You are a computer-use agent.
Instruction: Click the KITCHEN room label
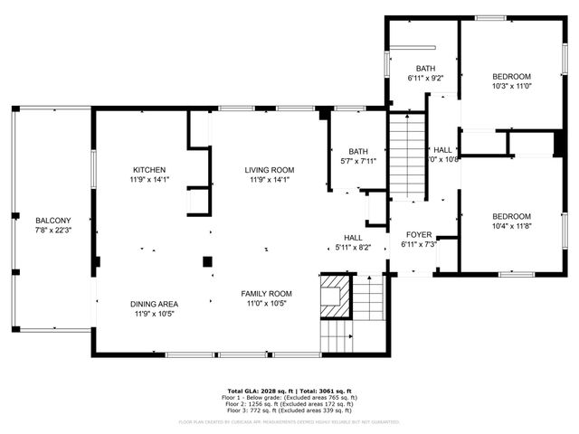149,170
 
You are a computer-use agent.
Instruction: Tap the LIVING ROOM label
270,170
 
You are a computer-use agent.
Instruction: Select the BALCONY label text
52,221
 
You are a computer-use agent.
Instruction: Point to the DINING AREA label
156,304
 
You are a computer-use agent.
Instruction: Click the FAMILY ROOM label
266,294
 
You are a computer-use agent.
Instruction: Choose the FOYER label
418,234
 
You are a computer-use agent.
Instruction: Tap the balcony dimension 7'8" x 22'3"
52,231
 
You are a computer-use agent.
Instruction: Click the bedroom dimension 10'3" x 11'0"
511,87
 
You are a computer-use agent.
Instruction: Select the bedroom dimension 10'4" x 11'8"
511,226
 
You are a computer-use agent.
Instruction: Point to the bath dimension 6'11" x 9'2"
425,79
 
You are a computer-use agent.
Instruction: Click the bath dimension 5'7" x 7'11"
358,162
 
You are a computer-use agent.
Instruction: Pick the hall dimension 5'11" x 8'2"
353,247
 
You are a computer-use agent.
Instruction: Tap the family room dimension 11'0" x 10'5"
266,304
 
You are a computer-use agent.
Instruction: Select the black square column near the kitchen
207,262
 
